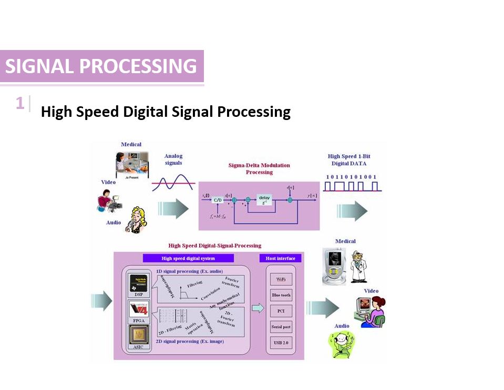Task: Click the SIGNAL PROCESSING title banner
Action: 101,66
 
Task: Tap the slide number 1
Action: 20,103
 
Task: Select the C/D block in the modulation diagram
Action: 218,199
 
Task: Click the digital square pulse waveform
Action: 351,186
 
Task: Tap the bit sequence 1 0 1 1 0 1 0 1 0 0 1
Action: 351,177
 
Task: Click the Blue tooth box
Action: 281,295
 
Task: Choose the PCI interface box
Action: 281,311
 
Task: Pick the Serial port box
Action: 281,327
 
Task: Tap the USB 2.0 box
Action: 281,343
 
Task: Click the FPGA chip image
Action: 139,309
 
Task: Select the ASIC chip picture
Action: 139,335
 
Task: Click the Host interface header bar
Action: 281,258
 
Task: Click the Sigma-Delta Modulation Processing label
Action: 259,168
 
